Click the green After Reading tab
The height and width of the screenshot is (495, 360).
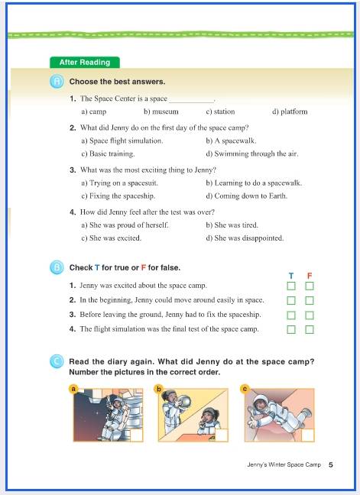tap(85, 62)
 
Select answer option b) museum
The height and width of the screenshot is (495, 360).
tap(161, 112)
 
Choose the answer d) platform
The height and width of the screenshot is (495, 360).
tap(290, 112)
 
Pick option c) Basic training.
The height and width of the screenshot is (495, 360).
tap(108, 154)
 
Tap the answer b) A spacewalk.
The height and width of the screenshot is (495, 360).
tap(231, 141)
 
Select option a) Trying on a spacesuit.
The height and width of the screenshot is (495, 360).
tap(119, 183)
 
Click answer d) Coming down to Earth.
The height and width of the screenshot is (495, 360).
tap(247, 196)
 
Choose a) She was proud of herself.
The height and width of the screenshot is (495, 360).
tap(125, 225)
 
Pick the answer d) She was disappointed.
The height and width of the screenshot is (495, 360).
tap(245, 238)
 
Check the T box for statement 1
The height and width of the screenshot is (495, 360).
tap(291, 286)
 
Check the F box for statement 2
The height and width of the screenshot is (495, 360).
tap(310, 300)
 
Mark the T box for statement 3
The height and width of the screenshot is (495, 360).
tap(291, 315)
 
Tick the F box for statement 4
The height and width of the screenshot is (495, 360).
tap(310, 329)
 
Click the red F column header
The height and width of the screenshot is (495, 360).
tap(310, 276)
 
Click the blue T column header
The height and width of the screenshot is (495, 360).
tap(291, 276)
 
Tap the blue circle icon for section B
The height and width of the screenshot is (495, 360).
tap(57, 268)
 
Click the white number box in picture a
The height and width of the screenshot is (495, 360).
tap(137, 435)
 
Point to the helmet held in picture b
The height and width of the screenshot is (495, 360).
tap(185, 402)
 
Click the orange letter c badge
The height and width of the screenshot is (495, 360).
tap(245, 389)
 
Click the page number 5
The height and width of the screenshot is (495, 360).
tap(331, 464)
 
